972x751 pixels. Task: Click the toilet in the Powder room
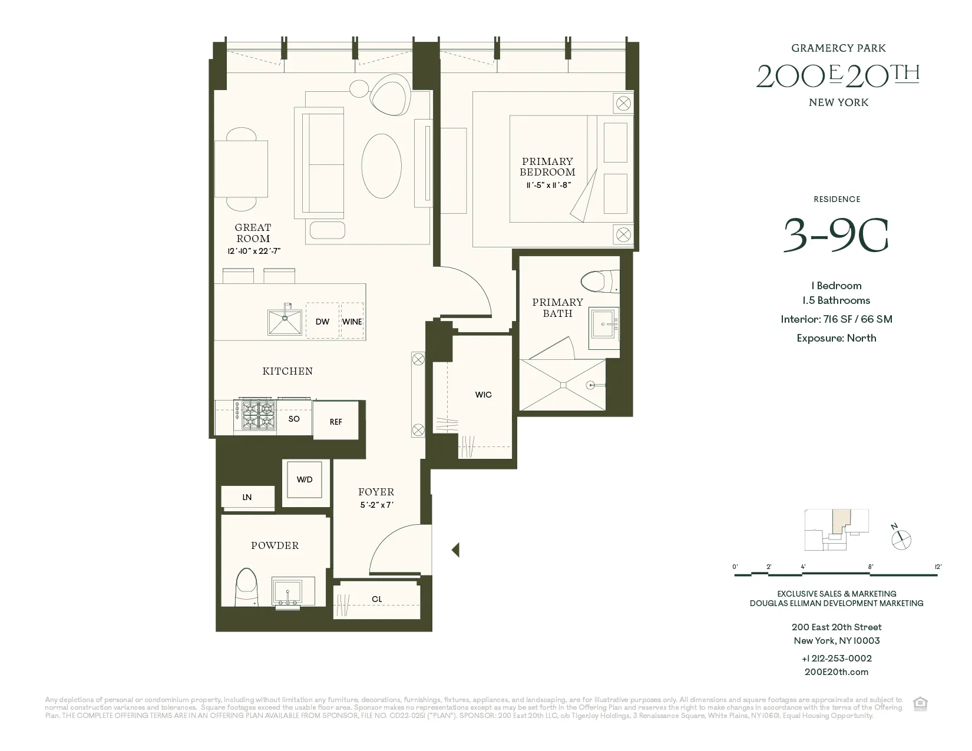click(x=246, y=587)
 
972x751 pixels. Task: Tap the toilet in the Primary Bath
click(x=600, y=281)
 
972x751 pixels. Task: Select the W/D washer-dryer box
click(x=305, y=480)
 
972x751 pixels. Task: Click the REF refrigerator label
click(x=336, y=422)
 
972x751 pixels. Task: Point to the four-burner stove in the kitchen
click(x=255, y=415)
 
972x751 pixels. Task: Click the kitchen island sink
click(x=285, y=322)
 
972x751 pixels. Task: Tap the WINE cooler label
click(x=352, y=322)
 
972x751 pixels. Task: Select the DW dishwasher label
click(x=322, y=322)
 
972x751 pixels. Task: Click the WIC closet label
click(x=483, y=395)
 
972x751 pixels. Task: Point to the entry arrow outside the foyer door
click(x=455, y=550)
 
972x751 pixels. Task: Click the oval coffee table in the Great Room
click(x=381, y=166)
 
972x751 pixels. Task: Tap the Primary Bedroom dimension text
click(x=548, y=186)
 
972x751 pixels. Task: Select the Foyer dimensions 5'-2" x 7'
click(x=376, y=505)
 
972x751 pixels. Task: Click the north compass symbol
click(x=901, y=539)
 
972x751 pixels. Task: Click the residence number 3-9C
click(x=835, y=235)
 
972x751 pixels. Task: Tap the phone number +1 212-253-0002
click(x=837, y=659)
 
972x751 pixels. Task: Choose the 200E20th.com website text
click(x=837, y=672)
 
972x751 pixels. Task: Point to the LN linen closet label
click(x=247, y=497)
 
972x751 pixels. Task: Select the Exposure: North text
click(x=837, y=338)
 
